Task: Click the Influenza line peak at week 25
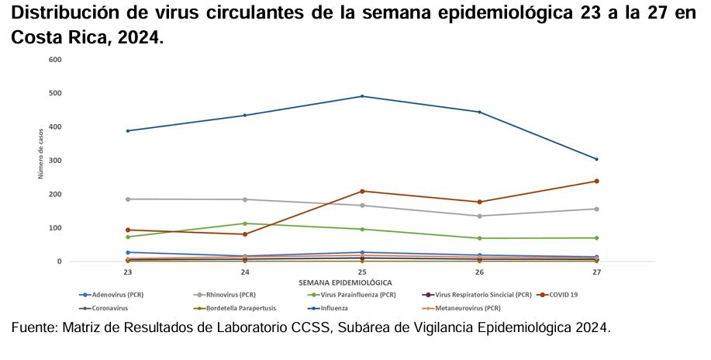click(x=362, y=96)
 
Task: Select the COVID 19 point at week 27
click(x=596, y=182)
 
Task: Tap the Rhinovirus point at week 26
click(x=479, y=216)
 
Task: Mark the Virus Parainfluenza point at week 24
click(x=245, y=223)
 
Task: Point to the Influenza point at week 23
click(x=128, y=130)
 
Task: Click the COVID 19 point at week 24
click(x=245, y=234)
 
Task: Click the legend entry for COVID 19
click(x=563, y=295)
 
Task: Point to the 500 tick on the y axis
click(x=55, y=93)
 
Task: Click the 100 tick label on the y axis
click(x=55, y=228)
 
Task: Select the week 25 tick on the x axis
click(x=362, y=272)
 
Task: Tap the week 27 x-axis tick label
click(x=596, y=272)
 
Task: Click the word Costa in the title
click(x=36, y=37)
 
